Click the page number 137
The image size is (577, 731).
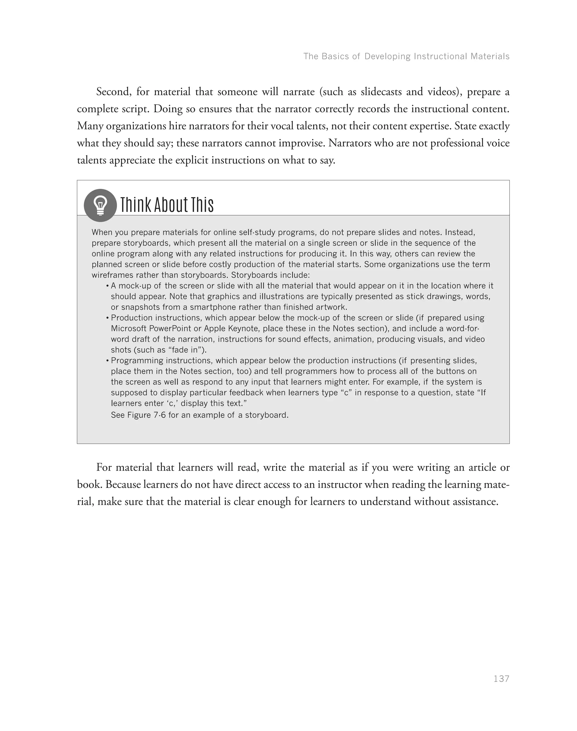(x=501, y=679)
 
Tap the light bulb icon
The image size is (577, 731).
(x=100, y=205)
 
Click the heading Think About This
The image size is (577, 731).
(x=167, y=205)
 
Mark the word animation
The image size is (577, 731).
(x=353, y=339)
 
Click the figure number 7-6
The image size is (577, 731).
(x=160, y=415)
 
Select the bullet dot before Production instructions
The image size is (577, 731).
(x=107, y=318)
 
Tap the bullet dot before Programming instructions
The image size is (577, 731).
(x=107, y=361)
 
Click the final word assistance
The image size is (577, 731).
(x=475, y=502)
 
